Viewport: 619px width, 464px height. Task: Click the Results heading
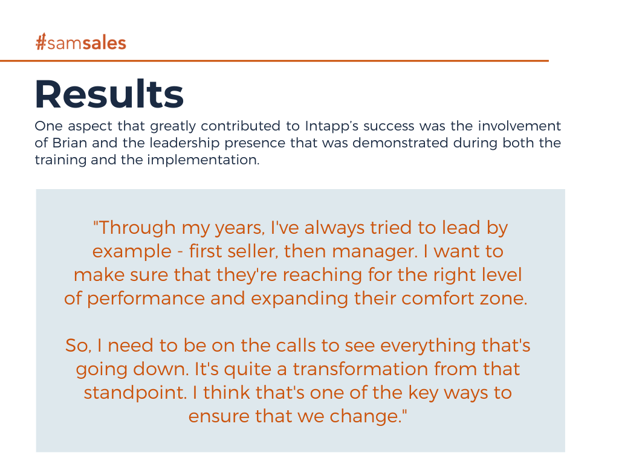point(109,94)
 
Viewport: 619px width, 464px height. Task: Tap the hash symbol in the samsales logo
point(41,42)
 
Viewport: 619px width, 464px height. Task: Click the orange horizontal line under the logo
point(274,61)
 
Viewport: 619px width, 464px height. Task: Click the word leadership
point(184,143)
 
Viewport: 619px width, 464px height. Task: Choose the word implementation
point(203,160)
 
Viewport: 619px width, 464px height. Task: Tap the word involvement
point(519,126)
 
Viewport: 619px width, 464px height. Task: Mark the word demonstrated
point(400,143)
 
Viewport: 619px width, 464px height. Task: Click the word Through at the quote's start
point(134,228)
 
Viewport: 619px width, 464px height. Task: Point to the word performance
point(146,299)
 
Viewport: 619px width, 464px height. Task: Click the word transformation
point(360,369)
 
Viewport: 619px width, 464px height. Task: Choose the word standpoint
point(135,393)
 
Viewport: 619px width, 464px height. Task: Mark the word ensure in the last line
point(219,417)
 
